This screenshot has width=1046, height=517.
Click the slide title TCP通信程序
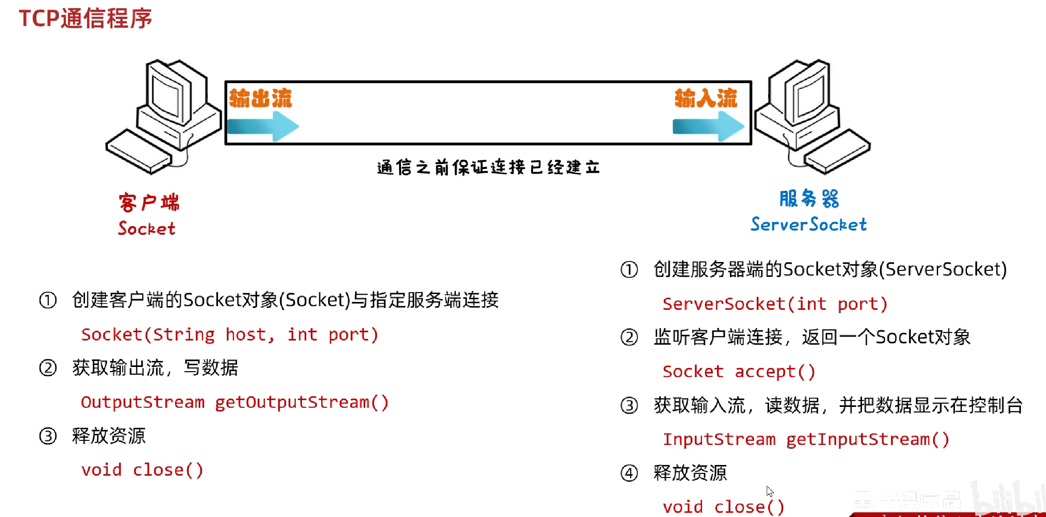[86, 19]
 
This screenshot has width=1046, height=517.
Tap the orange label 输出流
[260, 98]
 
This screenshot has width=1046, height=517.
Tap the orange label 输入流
[706, 98]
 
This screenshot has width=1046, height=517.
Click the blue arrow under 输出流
[263, 126]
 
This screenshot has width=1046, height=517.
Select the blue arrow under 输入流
[708, 126]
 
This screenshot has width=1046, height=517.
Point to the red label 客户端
[149, 203]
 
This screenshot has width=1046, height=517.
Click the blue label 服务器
[809, 198]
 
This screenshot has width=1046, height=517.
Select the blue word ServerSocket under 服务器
[809, 224]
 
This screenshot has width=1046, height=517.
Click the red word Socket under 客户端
[147, 228]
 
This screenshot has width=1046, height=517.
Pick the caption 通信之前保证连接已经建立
[488, 167]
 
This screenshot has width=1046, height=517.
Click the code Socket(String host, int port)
[230, 334]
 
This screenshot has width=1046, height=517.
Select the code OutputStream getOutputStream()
[235, 402]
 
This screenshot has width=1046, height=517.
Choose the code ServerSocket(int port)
[775, 304]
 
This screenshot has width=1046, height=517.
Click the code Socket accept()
[739, 372]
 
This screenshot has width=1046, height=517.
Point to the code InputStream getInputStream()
[806, 439]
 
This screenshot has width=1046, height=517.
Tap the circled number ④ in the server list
[629, 473]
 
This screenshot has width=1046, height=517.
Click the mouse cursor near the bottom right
[770, 491]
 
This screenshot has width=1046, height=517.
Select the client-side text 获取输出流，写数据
[155, 368]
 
